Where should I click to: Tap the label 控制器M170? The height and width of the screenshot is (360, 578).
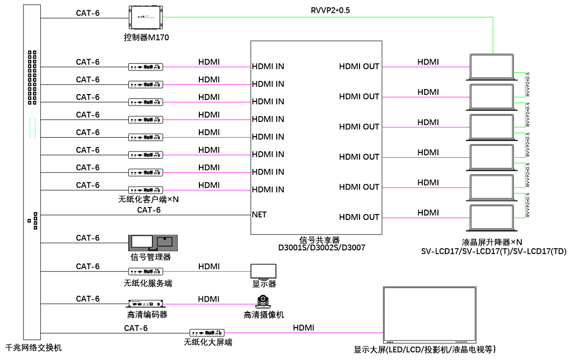tap(146, 37)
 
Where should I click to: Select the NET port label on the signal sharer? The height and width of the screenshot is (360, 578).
tap(259, 215)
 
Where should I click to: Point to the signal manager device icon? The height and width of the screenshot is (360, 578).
tap(153, 242)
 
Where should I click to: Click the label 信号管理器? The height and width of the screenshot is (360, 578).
tap(150, 257)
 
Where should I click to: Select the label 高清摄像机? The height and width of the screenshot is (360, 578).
tap(264, 315)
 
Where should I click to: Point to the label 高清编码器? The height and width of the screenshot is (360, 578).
tap(147, 315)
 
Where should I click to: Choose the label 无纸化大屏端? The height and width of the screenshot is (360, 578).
tap(208, 342)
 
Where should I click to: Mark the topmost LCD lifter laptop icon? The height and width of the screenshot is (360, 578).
tap(491, 67)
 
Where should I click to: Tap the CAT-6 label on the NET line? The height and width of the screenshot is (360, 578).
tap(149, 210)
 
